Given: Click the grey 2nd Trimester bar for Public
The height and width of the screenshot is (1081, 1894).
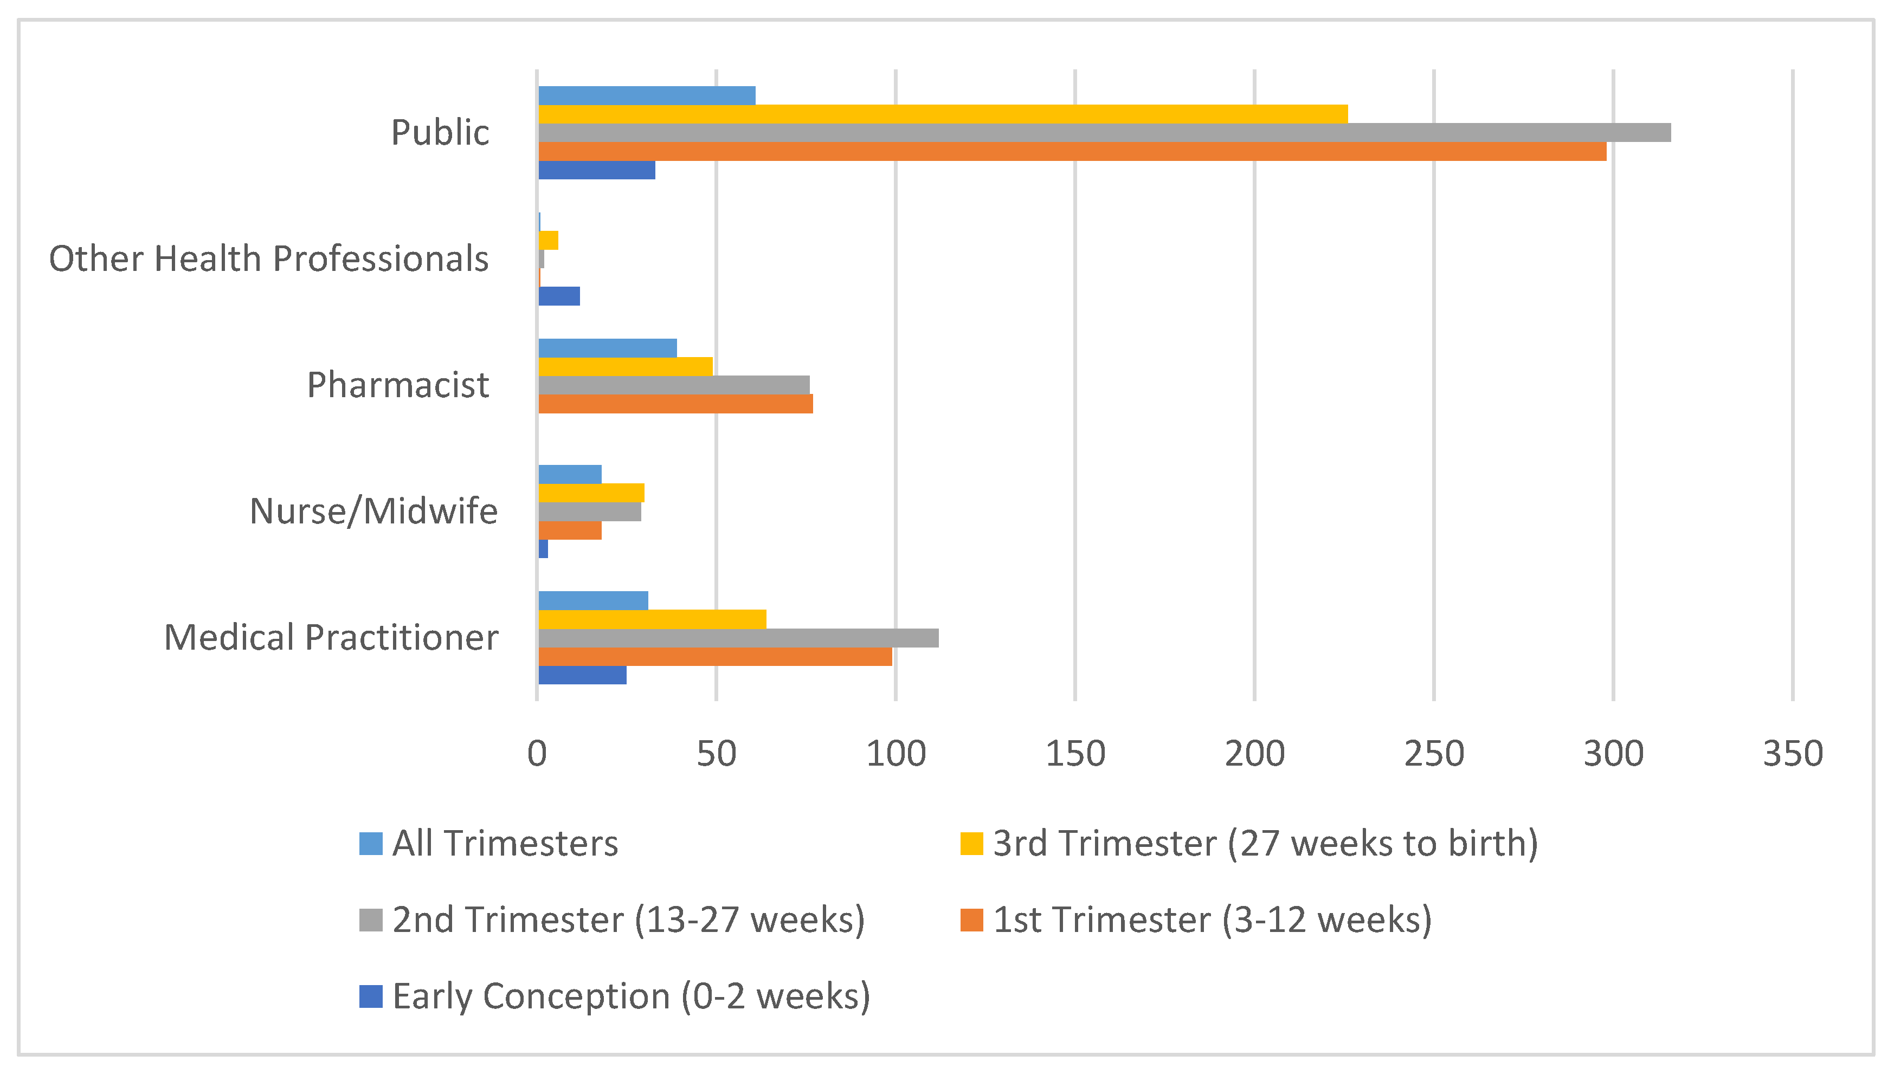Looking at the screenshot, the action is click(x=1104, y=133).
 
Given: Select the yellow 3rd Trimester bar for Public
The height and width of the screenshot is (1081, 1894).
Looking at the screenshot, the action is click(x=943, y=114).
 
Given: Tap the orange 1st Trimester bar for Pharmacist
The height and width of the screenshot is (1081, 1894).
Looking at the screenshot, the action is click(x=676, y=404).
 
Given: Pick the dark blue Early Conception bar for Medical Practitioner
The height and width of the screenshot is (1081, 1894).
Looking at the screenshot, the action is click(x=582, y=675).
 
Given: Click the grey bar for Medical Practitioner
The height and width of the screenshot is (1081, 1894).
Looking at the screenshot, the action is click(x=738, y=638).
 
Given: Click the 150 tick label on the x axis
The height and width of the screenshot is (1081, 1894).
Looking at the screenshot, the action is click(x=1075, y=754).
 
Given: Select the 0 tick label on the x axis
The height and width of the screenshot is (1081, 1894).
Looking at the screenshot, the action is click(x=537, y=754).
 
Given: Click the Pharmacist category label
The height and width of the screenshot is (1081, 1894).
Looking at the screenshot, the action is click(x=398, y=385).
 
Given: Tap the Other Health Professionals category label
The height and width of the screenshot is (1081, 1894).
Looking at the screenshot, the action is click(x=269, y=258).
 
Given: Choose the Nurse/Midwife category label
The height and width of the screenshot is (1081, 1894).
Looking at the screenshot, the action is click(x=373, y=511).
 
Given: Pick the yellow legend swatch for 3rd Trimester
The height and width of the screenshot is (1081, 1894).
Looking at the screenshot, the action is click(x=971, y=844).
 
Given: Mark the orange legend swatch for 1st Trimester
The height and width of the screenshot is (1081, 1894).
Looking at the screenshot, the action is click(x=971, y=920).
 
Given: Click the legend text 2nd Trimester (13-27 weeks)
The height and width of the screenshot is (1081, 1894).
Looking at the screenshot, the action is click(x=628, y=920).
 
